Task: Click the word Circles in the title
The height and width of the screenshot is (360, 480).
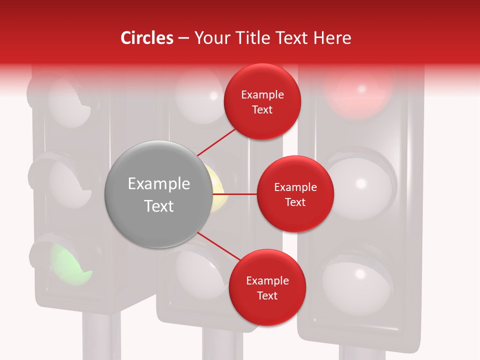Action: point(147,38)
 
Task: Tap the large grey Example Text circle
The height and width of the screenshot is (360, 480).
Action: point(159,194)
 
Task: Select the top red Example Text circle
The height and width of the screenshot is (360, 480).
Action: point(262,101)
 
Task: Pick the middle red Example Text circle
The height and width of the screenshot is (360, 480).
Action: point(295,194)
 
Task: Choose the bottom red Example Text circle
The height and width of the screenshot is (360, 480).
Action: point(267,287)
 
